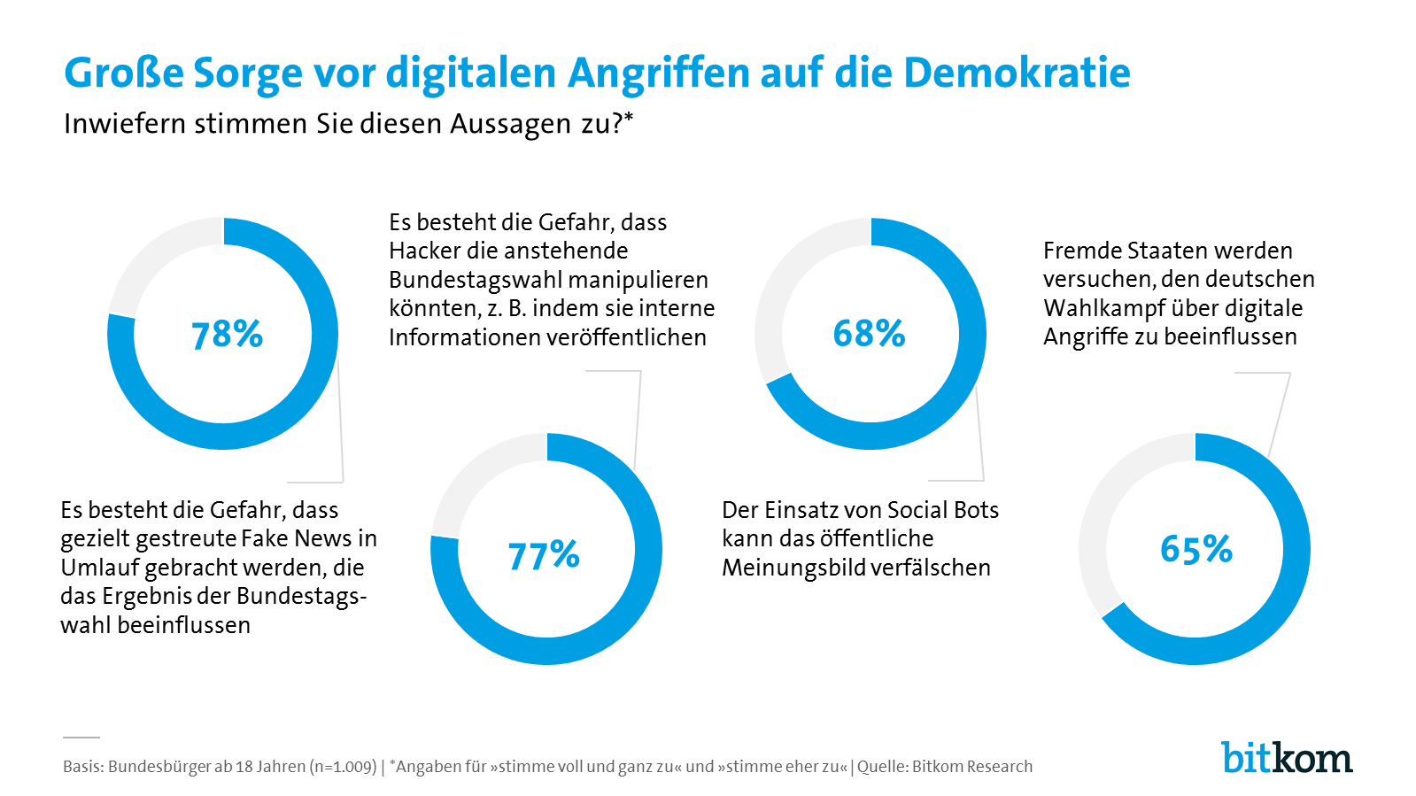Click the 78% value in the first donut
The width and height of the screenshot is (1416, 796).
[228, 335]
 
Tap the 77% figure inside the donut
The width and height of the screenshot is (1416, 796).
[544, 556]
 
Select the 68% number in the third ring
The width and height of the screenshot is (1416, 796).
[869, 334]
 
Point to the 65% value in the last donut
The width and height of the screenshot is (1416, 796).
[1196, 550]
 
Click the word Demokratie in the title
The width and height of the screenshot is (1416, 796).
[1017, 73]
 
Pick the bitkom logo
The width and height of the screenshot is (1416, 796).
[1287, 758]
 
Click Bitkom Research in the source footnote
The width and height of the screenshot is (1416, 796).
[972, 767]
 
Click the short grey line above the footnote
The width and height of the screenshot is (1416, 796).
[81, 737]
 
